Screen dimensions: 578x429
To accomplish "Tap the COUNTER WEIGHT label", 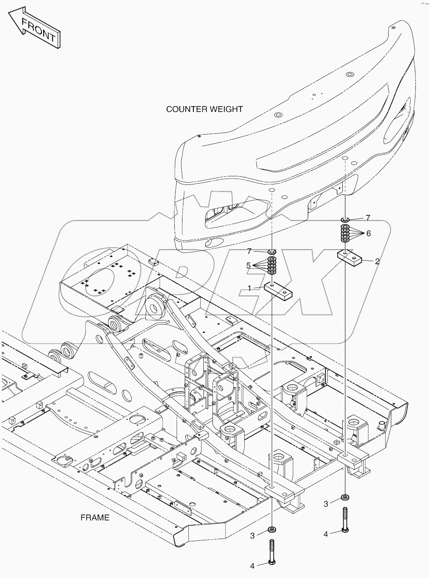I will [204, 109].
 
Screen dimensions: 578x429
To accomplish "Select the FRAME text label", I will [95, 517].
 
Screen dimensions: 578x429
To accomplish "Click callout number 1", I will [249, 287].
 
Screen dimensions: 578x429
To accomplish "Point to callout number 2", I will [377, 261].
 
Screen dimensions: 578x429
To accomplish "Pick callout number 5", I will [249, 266].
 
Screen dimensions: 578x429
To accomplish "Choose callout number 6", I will [368, 233].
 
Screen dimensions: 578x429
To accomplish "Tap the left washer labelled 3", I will [272, 529].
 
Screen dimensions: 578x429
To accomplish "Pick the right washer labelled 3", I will [345, 497].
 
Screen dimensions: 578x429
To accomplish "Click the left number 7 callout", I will [249, 251].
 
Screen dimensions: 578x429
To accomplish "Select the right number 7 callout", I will [368, 218].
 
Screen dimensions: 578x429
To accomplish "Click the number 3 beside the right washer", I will [326, 504].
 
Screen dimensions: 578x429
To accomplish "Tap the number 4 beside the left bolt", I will [252, 565].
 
